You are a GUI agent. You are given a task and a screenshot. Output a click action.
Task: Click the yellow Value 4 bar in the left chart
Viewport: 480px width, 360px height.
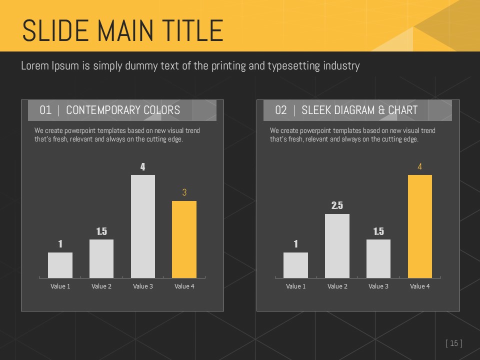(x=184, y=239)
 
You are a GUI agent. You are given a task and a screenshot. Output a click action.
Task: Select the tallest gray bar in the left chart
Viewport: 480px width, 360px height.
(x=142, y=226)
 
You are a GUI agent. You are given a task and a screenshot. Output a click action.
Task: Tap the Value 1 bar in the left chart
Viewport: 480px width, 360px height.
(x=60, y=265)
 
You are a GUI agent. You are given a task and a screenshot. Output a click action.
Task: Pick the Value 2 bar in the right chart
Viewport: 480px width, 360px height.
(x=337, y=245)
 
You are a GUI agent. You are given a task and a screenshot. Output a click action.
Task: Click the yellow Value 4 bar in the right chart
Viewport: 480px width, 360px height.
(x=420, y=226)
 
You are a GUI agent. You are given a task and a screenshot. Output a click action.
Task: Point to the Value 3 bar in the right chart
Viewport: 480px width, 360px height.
(x=378, y=258)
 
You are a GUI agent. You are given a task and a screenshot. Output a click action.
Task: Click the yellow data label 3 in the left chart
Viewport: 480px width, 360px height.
(x=184, y=192)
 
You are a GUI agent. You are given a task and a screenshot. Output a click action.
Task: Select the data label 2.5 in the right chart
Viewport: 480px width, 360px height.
(x=337, y=205)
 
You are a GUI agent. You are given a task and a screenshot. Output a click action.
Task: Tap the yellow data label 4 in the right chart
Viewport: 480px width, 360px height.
(x=420, y=166)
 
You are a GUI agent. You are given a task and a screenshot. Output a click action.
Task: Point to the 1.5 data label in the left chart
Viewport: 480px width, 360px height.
(x=101, y=231)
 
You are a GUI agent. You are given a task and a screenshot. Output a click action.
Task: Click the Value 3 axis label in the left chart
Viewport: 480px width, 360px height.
(x=143, y=286)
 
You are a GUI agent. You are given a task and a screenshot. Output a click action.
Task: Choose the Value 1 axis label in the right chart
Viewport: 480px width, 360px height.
(x=295, y=286)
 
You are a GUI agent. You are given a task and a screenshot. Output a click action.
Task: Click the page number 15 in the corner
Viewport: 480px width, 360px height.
(x=454, y=343)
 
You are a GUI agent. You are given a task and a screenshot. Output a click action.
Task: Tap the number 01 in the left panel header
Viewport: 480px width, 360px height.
(x=45, y=110)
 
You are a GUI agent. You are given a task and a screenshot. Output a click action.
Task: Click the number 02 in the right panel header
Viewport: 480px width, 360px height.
(x=281, y=110)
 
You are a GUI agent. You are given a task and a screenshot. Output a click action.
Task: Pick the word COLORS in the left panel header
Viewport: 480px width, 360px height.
(x=161, y=110)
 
